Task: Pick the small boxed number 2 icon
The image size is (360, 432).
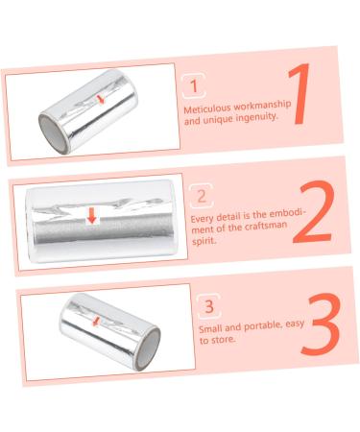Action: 201,197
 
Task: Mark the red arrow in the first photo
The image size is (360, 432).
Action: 102,100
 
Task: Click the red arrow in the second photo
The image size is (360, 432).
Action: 92,215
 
